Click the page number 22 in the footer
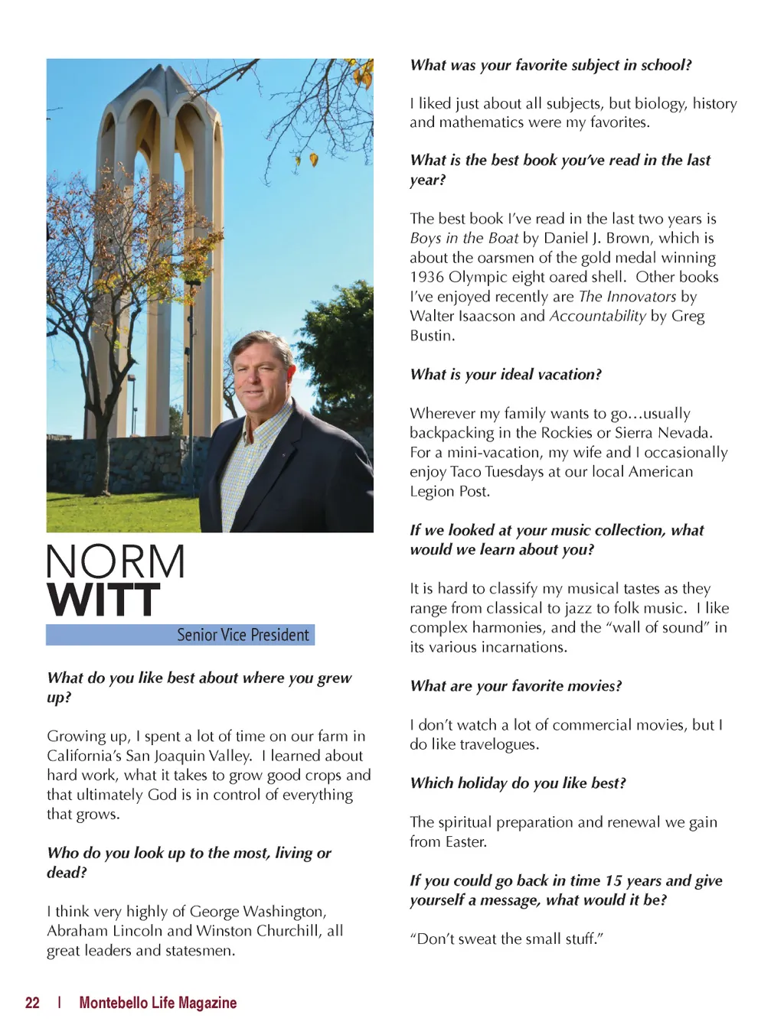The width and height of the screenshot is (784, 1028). point(32,1003)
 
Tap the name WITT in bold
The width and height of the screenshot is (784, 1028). point(103,600)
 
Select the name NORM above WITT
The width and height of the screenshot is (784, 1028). point(116,562)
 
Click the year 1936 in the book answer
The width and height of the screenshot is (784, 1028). point(426,277)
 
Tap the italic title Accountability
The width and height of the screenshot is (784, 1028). point(597,316)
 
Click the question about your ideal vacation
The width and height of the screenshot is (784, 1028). point(505,374)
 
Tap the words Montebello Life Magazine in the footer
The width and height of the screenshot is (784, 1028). point(158,1003)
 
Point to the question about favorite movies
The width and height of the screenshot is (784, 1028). point(515,686)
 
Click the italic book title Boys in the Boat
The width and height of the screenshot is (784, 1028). point(464,238)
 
